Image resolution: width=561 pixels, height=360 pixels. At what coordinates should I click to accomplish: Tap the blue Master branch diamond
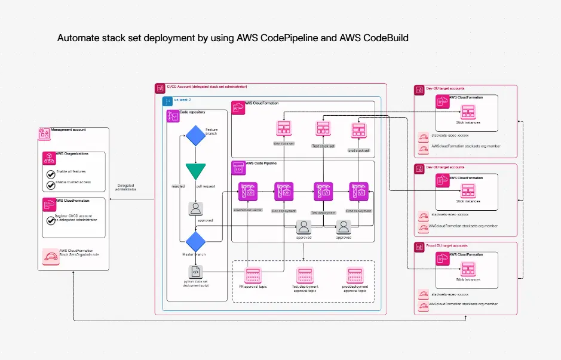(x=195, y=242)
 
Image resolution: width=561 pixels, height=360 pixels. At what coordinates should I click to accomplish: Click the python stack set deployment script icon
(x=195, y=272)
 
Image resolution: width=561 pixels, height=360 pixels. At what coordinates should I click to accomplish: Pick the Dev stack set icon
(x=283, y=130)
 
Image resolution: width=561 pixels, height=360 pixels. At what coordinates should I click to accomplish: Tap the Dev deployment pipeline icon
(x=283, y=191)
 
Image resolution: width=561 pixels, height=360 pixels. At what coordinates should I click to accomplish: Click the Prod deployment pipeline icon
(x=358, y=191)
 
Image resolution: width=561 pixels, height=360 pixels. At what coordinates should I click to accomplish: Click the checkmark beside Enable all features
(x=51, y=174)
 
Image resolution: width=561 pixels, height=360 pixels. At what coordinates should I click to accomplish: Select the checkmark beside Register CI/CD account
(x=51, y=220)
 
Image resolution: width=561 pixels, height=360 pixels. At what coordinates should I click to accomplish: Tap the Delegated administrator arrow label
(x=126, y=188)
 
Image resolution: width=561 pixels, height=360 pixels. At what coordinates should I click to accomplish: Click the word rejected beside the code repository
(x=178, y=186)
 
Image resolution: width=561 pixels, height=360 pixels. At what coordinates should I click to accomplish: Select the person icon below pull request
(x=195, y=208)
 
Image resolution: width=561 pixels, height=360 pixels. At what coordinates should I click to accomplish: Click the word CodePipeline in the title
(x=297, y=38)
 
